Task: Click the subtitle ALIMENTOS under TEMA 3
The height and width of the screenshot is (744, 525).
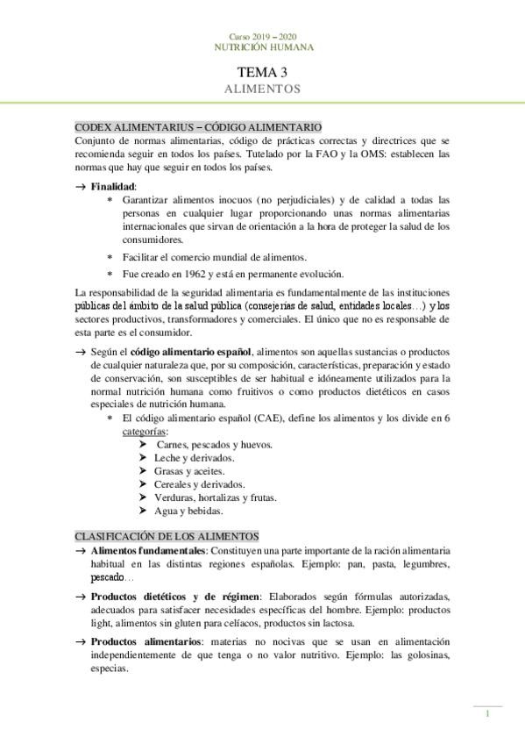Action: (x=262, y=89)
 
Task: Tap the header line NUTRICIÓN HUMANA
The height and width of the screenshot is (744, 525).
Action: (x=262, y=46)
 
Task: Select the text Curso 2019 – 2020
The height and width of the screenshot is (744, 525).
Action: (x=262, y=35)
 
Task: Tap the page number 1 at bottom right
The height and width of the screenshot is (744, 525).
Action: (x=487, y=714)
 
